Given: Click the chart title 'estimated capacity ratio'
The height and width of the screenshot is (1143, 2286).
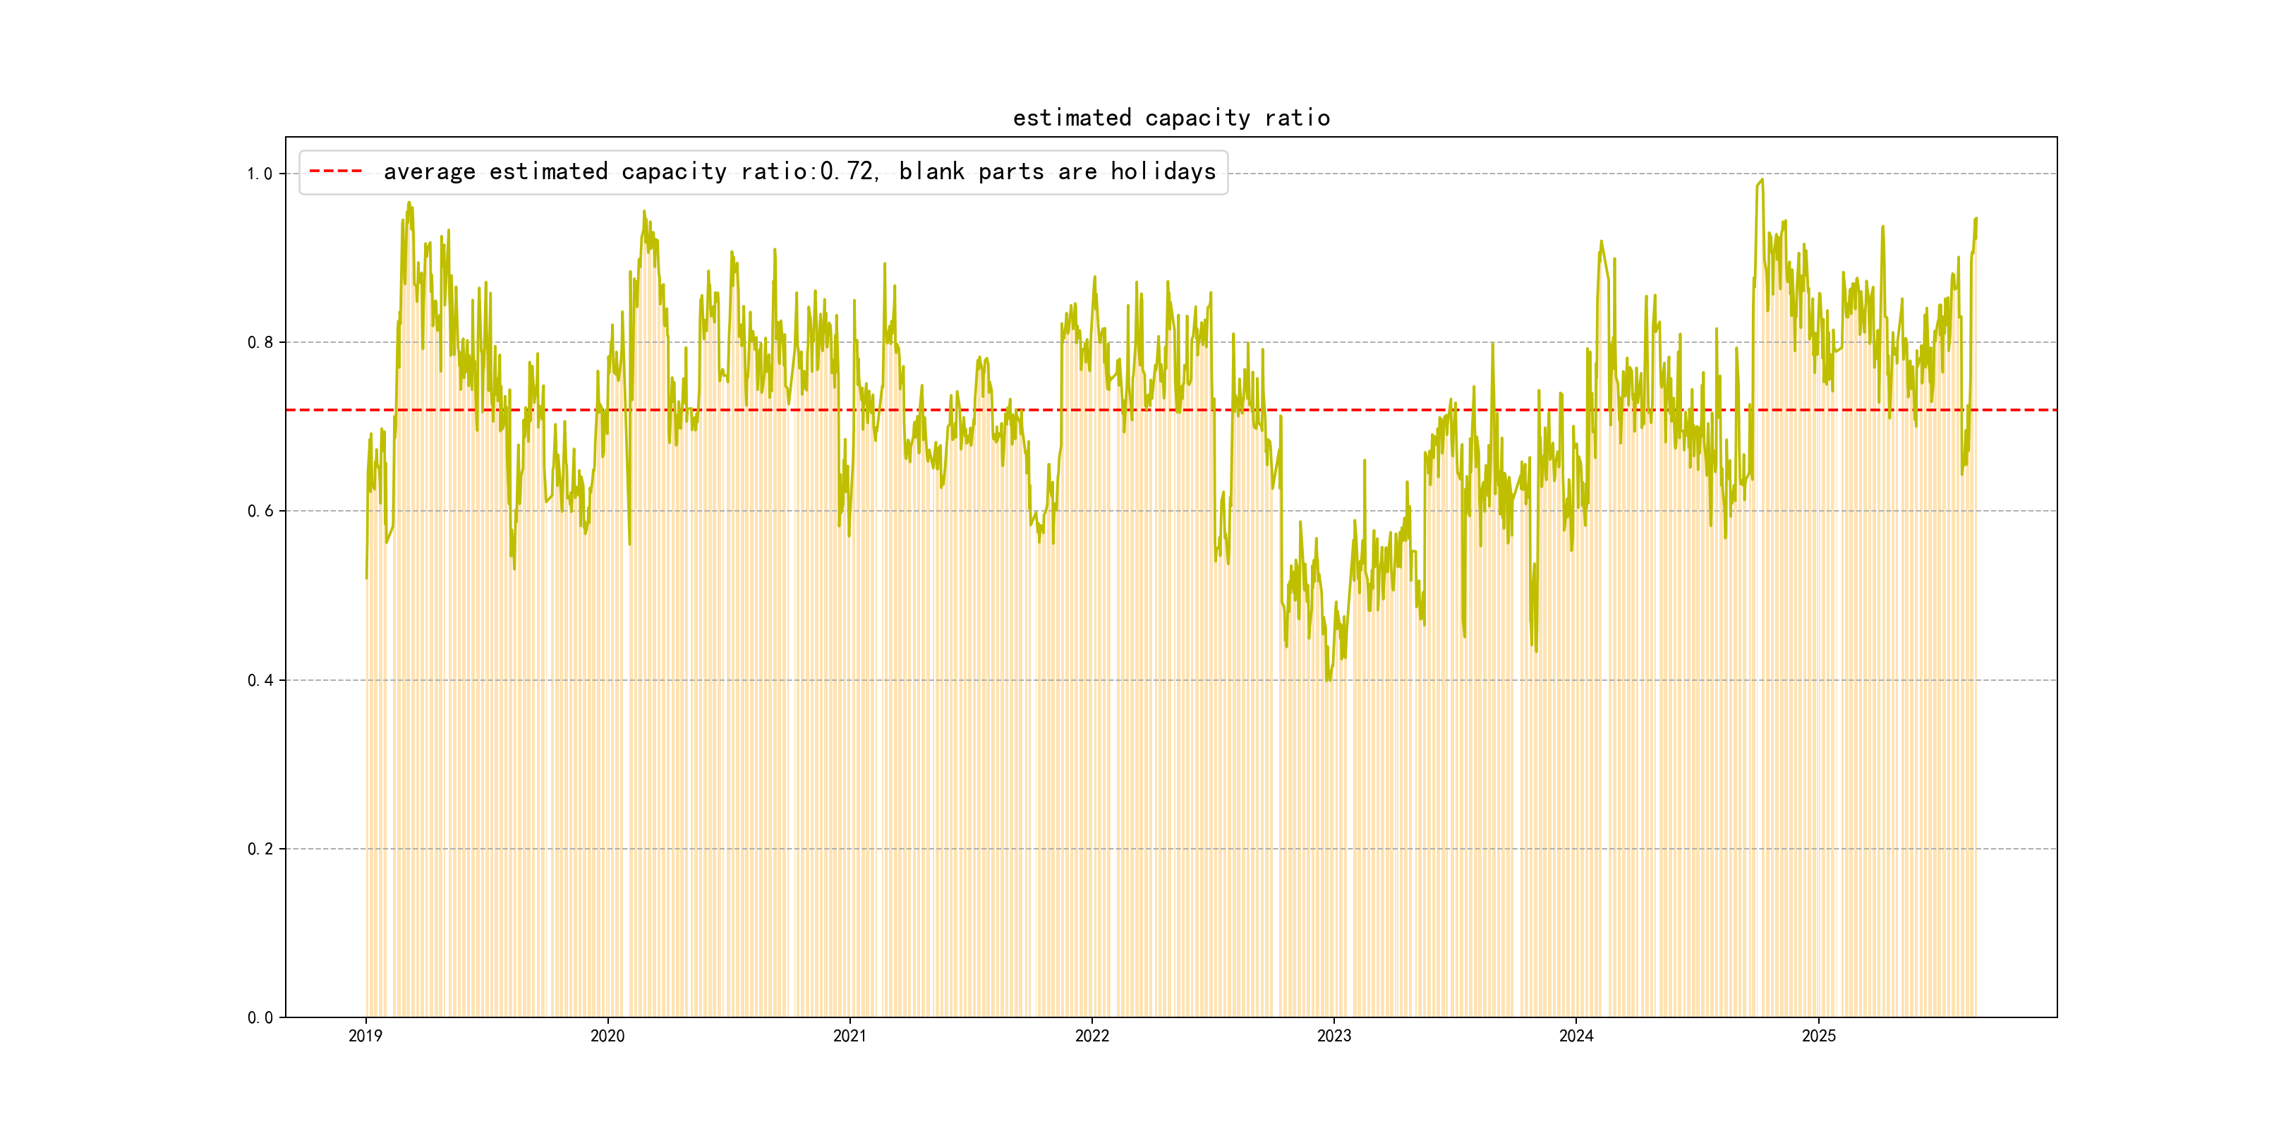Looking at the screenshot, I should (1171, 118).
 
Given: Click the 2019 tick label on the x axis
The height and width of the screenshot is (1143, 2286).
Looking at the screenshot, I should (365, 1036).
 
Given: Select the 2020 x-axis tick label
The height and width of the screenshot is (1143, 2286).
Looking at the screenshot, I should (608, 1036).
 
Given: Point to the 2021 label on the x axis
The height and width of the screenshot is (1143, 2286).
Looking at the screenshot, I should (850, 1036).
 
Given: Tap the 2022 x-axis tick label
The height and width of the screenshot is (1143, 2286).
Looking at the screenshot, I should (1092, 1036).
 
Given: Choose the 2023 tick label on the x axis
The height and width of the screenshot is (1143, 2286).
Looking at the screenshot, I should (1333, 1036).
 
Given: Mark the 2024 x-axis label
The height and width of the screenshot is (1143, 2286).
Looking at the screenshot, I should (1576, 1036).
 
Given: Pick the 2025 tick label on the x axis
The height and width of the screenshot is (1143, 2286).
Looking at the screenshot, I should (1818, 1036).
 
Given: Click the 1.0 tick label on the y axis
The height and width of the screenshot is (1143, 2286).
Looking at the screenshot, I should (259, 174).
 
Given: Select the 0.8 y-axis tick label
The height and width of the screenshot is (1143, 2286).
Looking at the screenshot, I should (259, 342).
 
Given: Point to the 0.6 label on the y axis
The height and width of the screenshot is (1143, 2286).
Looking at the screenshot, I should (259, 511).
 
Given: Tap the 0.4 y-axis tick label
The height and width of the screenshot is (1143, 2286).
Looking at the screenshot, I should (259, 681).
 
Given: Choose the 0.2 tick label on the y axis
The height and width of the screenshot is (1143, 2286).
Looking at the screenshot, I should (259, 849).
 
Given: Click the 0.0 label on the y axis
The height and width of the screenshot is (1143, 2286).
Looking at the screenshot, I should (259, 1018).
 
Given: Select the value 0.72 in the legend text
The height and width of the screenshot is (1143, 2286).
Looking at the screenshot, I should (846, 171).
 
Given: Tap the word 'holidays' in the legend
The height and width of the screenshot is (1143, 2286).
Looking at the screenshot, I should (1163, 171).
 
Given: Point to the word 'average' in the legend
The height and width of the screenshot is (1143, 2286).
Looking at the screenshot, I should (430, 171).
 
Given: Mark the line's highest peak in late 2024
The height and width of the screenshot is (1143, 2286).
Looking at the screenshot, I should (1762, 180).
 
